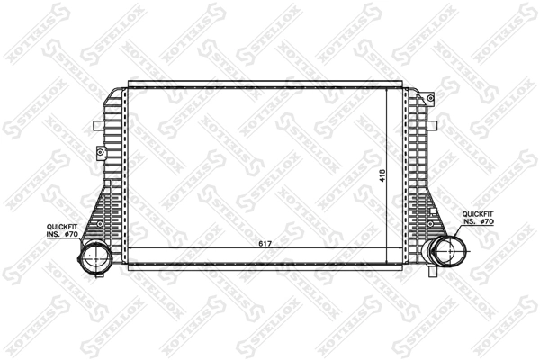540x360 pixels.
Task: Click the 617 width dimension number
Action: [x=265, y=244]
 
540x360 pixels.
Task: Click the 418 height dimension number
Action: [x=382, y=176]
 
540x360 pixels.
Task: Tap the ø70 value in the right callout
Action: [x=487, y=221]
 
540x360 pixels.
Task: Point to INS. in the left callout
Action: [x=54, y=234]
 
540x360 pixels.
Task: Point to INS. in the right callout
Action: [x=469, y=221]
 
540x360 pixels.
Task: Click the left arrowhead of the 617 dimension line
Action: [x=133, y=249]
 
